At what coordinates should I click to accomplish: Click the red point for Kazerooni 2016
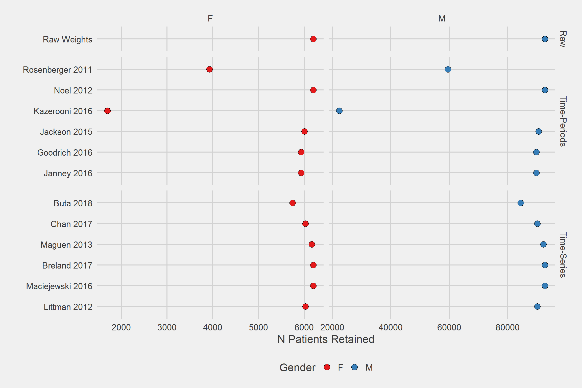107,111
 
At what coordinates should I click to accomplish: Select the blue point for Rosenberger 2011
448,69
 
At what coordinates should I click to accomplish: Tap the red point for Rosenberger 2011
209,69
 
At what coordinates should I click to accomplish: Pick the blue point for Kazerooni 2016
339,111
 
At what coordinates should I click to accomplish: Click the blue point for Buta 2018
521,203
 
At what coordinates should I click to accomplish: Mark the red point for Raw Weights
313,39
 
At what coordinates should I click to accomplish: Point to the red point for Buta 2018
293,203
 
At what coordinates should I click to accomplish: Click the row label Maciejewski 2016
59,286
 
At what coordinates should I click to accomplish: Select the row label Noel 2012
73,90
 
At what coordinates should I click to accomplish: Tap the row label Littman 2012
68,307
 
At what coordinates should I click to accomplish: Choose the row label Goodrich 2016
65,153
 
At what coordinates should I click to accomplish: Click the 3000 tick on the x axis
167,327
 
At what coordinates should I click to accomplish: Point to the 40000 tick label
391,327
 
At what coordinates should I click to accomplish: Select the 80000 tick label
507,327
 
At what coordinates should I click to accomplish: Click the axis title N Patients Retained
326,339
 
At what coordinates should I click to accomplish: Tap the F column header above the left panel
210,18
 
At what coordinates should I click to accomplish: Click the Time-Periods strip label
563,121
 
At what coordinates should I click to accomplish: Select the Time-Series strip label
563,255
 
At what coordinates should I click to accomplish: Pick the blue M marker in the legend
354,367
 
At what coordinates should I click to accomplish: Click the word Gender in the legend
297,368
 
